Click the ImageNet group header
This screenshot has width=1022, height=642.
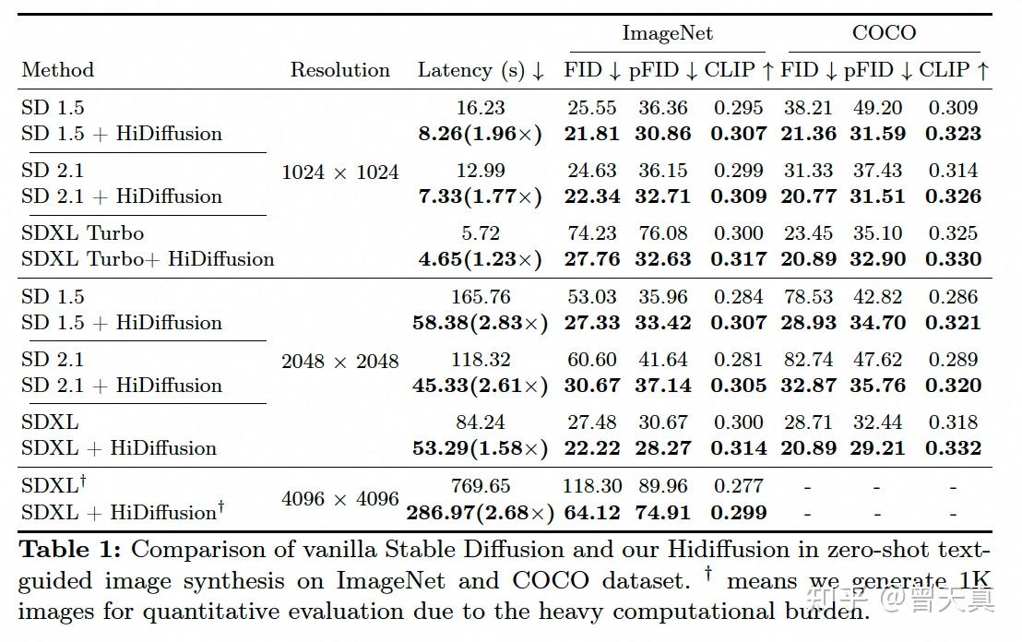coord(667,34)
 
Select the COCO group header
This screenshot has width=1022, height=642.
coord(884,34)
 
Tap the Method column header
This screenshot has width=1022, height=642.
coord(58,70)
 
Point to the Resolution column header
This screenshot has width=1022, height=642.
coord(340,70)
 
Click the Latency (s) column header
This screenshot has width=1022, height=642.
coord(481,70)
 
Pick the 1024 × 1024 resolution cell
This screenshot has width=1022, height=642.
coord(340,172)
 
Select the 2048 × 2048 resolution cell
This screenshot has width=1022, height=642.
coord(340,361)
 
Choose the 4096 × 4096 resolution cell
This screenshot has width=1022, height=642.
coord(340,499)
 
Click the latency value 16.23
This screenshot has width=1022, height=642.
coord(481,108)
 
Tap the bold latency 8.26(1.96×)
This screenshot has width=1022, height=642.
coord(481,134)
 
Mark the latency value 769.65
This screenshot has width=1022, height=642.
coord(481,486)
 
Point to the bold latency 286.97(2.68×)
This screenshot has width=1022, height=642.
coord(481,513)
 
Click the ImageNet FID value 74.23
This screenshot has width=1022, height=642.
coord(592,233)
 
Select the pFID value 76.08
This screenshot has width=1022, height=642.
coord(662,233)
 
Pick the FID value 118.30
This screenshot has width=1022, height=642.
coord(592,486)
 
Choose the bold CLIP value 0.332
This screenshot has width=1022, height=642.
coord(953,448)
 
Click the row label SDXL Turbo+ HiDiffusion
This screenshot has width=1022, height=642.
coord(148,259)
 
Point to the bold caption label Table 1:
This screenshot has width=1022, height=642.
coord(70,551)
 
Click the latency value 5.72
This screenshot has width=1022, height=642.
coord(481,233)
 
